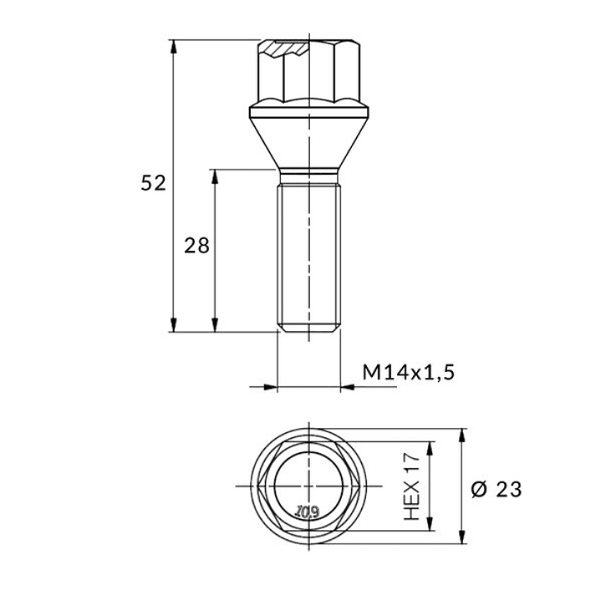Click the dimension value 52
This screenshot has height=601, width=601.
tap(153, 183)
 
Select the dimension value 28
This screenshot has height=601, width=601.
tap(196, 246)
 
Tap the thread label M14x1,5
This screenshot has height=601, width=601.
tap(409, 372)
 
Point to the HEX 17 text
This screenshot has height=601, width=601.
tap(412, 486)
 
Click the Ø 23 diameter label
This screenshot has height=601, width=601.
tap(497, 490)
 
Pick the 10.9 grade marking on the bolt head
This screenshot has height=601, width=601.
tap(308, 511)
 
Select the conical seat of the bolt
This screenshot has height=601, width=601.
tap(309, 143)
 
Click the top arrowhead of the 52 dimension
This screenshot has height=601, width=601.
tap(174, 46)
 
